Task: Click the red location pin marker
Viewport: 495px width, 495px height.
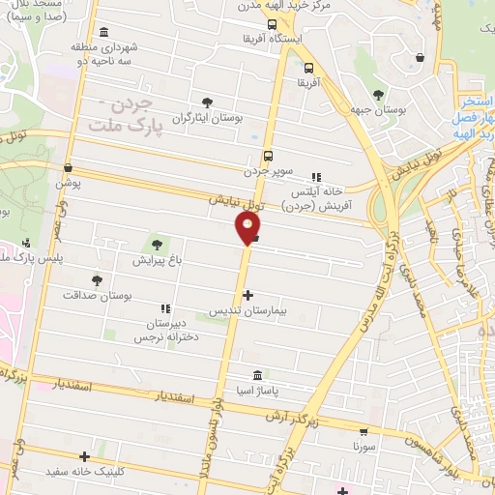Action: (x=247, y=228)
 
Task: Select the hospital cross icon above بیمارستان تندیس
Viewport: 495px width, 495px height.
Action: (x=248, y=296)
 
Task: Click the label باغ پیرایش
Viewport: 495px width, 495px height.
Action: (x=157, y=260)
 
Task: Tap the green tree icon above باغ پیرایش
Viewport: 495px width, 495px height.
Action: (x=158, y=244)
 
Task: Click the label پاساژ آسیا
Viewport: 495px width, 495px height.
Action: (x=256, y=392)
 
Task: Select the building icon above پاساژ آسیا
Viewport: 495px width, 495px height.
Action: (x=256, y=375)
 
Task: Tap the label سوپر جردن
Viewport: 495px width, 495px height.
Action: (x=269, y=171)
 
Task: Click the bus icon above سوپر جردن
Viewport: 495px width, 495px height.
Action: (x=268, y=155)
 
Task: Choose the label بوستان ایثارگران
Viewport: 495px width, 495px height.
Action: (x=206, y=118)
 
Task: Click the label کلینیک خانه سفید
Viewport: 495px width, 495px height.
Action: (x=85, y=473)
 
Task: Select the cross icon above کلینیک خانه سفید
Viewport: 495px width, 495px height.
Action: (x=85, y=456)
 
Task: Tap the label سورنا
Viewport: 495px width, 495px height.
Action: (x=364, y=449)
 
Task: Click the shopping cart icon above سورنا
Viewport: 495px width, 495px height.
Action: (x=364, y=433)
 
